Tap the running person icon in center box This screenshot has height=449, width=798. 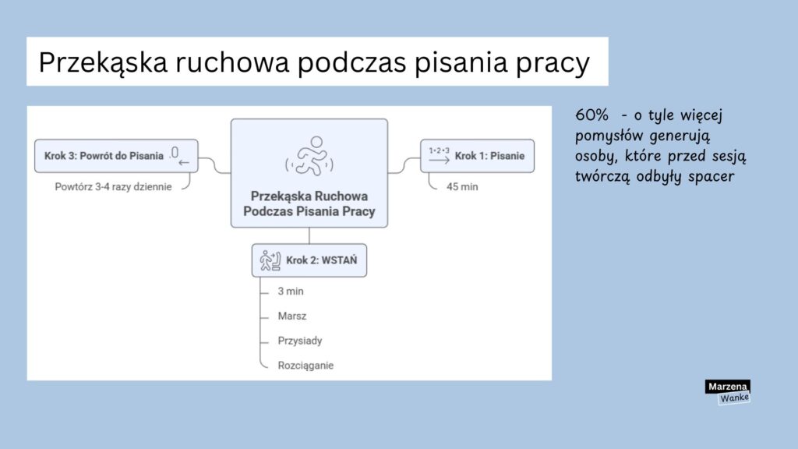[x=309, y=155]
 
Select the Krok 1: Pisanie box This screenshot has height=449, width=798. [x=477, y=156]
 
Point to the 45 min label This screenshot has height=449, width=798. [x=462, y=187]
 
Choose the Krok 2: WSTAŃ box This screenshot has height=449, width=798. [x=309, y=260]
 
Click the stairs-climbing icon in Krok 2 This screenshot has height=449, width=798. [x=269, y=260]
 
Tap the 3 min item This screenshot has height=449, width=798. [x=291, y=292]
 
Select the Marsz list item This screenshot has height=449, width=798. [x=292, y=316]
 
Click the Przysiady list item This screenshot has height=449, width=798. [x=300, y=341]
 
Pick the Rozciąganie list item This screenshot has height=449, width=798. [x=305, y=365]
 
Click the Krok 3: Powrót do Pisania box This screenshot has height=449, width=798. [x=116, y=155]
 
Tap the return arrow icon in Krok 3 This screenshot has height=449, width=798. [x=180, y=156]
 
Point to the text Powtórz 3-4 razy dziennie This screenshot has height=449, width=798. [x=113, y=187]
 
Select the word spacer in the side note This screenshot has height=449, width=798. [x=711, y=176]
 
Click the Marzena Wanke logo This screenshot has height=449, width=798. [x=727, y=392]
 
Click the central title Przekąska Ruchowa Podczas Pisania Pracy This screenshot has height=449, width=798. [x=309, y=203]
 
